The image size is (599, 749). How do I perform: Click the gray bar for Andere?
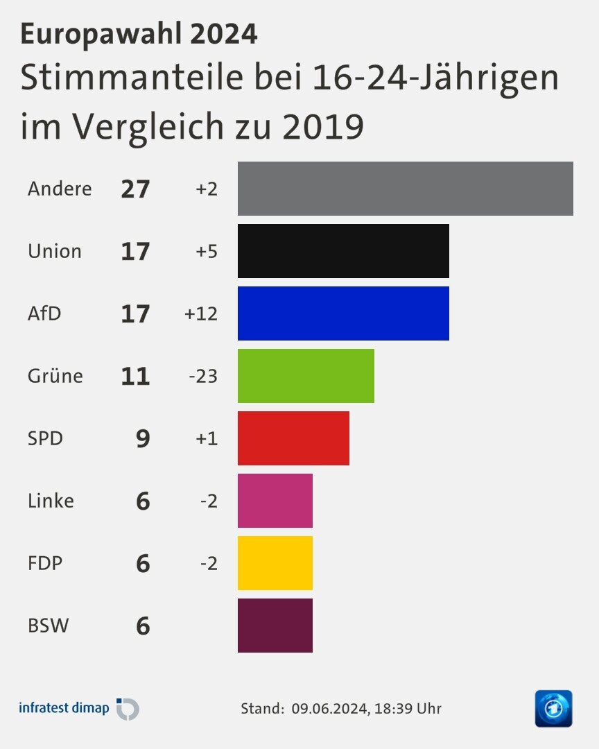[405, 189]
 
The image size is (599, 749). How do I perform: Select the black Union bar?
[343, 251]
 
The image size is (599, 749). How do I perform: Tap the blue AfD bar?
[343, 313]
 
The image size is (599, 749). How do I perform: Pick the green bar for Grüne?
[306, 376]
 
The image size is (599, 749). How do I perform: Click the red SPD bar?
[293, 438]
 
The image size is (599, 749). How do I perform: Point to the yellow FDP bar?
[275, 563]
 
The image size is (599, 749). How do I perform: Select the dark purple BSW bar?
[275, 626]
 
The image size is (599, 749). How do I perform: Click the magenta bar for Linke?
[275, 501]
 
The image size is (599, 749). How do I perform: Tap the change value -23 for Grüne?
[203, 376]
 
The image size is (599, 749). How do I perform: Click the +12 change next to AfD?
[201, 313]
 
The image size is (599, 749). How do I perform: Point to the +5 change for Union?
[207, 251]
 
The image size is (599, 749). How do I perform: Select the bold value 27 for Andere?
[135, 189]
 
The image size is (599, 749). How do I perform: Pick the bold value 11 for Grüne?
[135, 376]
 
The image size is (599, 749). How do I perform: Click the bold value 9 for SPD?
[143, 438]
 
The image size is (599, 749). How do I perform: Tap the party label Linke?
[51, 501]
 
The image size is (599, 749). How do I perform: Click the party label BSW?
[49, 626]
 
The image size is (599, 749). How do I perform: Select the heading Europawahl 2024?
[139, 33]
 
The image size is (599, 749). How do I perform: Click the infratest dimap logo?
[78, 709]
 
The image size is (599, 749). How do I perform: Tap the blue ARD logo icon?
[553, 709]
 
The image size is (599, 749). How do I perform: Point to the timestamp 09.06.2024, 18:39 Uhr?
[366, 709]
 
